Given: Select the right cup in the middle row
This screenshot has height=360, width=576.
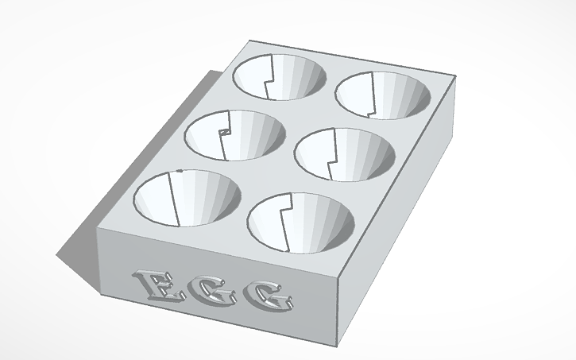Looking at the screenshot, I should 345,154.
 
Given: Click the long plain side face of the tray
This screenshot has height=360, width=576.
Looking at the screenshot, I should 397,223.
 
